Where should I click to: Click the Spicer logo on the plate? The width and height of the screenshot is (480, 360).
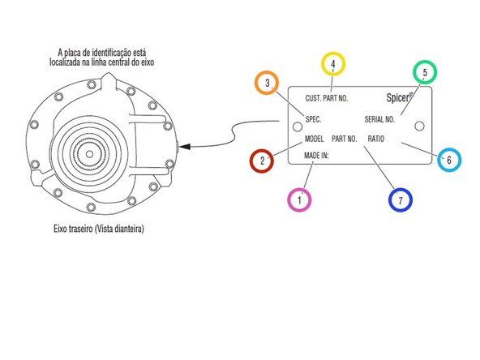click(400, 97)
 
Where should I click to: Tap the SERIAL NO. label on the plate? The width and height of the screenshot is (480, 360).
click(379, 119)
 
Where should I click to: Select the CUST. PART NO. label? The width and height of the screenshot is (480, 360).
click(326, 98)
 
